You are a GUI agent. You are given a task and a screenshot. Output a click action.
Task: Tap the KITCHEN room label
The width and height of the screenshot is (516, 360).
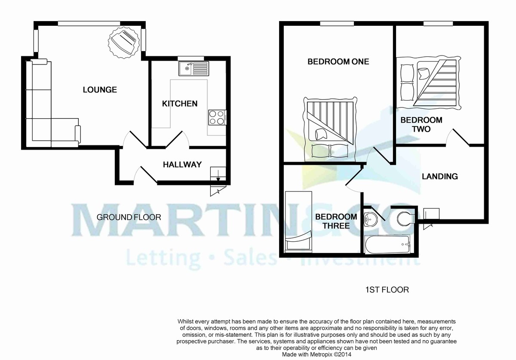tap(180, 104)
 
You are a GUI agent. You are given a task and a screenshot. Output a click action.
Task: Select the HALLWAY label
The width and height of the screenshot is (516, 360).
tap(182, 164)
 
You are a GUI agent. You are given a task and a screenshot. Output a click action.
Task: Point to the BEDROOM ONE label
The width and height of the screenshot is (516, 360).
tap(338, 62)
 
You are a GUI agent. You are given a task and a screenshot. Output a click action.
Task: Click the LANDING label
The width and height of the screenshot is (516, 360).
tap(439, 176)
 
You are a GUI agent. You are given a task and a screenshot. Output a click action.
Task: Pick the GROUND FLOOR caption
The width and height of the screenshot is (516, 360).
tap(129, 217)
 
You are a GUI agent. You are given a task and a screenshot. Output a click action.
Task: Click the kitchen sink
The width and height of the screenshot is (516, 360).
tap(194, 68)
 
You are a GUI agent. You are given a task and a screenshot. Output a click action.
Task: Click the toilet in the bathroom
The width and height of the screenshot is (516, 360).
tap(405, 218)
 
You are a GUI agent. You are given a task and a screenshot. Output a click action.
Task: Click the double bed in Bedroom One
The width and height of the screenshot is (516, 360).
tap(330, 127)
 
